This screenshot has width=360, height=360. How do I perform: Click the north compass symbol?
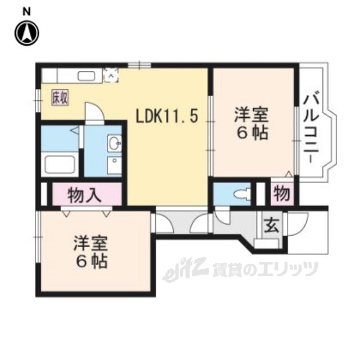point(26,32)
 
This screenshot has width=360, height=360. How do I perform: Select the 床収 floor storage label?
point(61,97)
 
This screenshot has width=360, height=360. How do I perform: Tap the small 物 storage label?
point(282,194)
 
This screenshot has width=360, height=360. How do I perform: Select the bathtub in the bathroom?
point(59,165)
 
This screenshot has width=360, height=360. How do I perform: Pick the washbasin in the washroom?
point(115,143)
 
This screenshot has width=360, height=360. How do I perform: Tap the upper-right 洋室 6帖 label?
point(251,125)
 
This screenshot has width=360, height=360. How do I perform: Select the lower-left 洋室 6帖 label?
point(90,251)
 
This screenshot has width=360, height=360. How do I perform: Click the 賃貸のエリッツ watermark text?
point(264,271)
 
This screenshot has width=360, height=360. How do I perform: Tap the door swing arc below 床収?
point(94,112)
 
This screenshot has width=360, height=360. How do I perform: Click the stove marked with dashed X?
point(111,74)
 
